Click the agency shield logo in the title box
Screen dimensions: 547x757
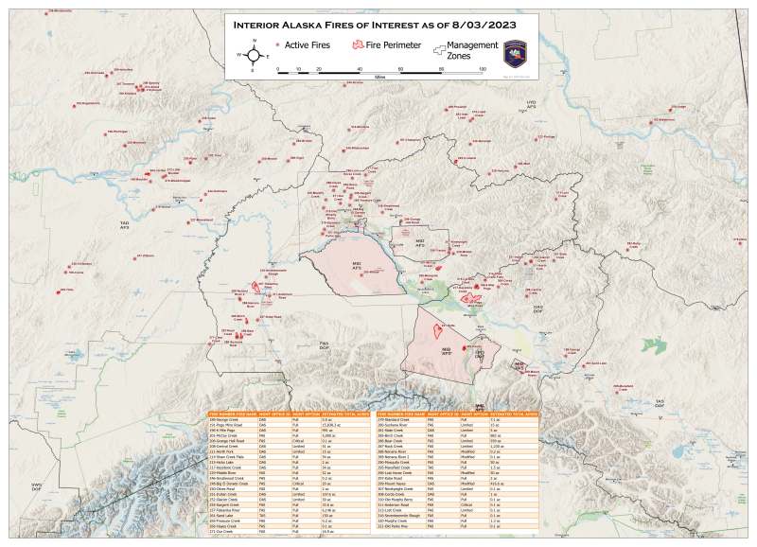point(518,53)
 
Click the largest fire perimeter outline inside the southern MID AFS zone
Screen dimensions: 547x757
point(438,330)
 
